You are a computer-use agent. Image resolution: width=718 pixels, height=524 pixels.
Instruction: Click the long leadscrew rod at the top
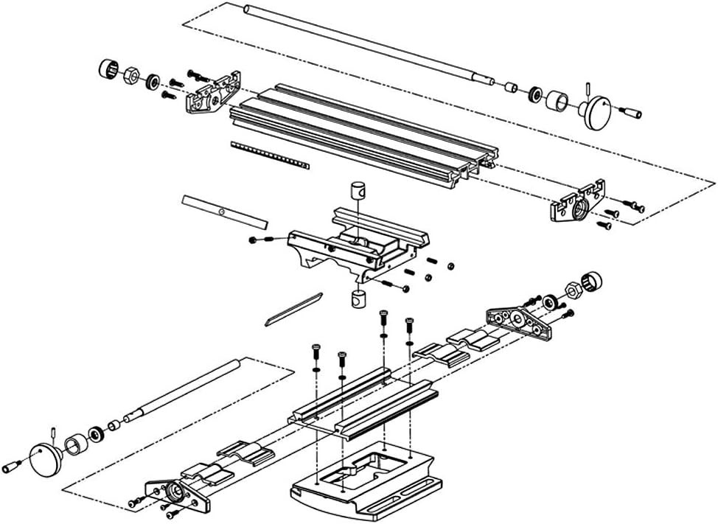click(361, 44)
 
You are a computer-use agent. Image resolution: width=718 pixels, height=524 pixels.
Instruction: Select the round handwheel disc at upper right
click(596, 113)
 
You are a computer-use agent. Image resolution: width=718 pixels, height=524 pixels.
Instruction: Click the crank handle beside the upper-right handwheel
click(632, 113)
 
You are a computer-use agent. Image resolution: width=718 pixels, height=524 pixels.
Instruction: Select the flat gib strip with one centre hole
click(225, 212)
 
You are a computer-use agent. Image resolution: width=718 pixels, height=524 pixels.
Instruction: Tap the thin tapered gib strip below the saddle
click(293, 310)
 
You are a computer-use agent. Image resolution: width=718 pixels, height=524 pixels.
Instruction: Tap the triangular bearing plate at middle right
click(520, 321)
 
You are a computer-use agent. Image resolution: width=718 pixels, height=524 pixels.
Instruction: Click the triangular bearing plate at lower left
click(177, 494)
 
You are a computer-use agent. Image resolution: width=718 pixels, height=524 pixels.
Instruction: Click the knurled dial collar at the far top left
click(109, 70)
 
